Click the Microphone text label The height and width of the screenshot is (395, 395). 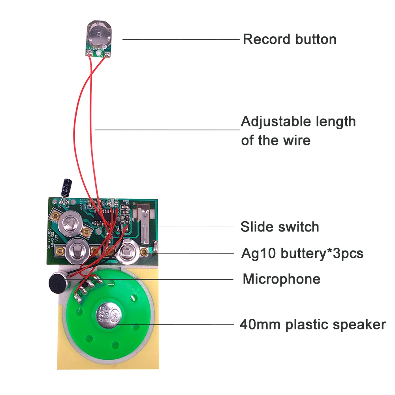click(x=281, y=279)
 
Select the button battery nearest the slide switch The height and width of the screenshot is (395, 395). click(x=129, y=250)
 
